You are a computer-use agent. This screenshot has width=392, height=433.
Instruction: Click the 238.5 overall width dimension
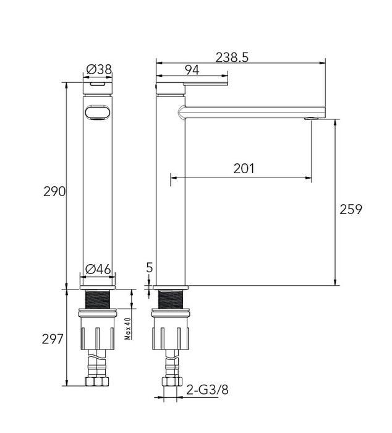coord(232,57)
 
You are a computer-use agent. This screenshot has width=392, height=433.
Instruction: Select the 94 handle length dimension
coord(192,71)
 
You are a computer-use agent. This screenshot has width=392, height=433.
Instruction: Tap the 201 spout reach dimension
coord(244,168)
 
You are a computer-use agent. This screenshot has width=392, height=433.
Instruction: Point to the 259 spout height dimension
coord(351,209)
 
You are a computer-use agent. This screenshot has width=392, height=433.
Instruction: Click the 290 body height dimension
coord(54,191)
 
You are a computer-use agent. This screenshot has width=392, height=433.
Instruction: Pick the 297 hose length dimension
coord(53,339)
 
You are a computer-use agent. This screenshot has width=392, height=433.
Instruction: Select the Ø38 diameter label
coord(99,70)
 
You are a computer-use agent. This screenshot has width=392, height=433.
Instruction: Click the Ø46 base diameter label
coord(98,269)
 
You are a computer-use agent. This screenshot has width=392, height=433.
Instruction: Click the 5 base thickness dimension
coord(149,268)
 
